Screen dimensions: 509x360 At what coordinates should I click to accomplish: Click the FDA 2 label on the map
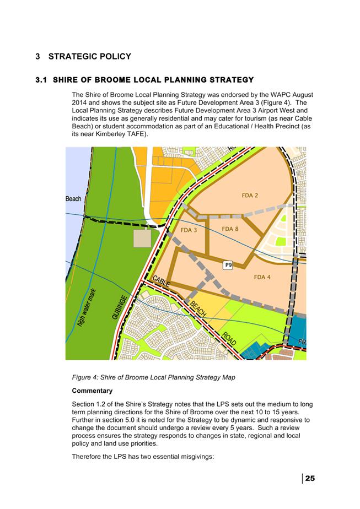[x=249, y=195]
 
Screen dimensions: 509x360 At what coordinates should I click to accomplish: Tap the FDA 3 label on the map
[x=189, y=230]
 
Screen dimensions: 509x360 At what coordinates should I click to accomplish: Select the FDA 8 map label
[x=230, y=229]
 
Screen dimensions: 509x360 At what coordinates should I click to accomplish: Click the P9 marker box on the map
[x=228, y=265]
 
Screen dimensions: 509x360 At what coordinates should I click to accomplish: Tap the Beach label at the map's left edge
[x=73, y=199]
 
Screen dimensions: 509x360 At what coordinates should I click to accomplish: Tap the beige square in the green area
[x=142, y=239]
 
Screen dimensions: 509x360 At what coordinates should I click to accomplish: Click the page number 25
[x=310, y=478]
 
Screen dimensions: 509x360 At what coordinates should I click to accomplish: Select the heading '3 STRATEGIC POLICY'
[x=83, y=56]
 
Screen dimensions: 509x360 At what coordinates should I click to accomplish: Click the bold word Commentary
[x=92, y=391]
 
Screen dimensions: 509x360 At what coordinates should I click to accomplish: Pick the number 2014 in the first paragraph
[x=81, y=102]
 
